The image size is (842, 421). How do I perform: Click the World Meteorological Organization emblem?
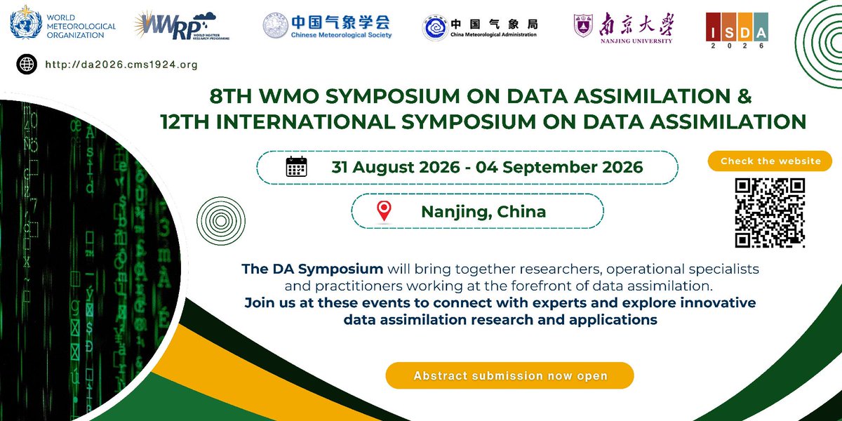coord(25,26)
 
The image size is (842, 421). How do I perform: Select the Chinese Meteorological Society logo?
coord(327,26)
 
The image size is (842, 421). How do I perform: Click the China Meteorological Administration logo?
coord(480,27)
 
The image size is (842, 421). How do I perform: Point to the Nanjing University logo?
coord(623,27)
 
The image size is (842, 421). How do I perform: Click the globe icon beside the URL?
coord(27,65)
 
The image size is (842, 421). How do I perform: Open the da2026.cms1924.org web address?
coord(120,65)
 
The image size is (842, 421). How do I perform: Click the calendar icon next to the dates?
coord(296,167)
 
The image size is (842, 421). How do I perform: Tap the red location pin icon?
coord(384,210)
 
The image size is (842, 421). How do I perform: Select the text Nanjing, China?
coord(483,210)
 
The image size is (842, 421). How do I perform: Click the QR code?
coord(770,213)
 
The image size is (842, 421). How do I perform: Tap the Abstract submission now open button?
coord(509,375)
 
